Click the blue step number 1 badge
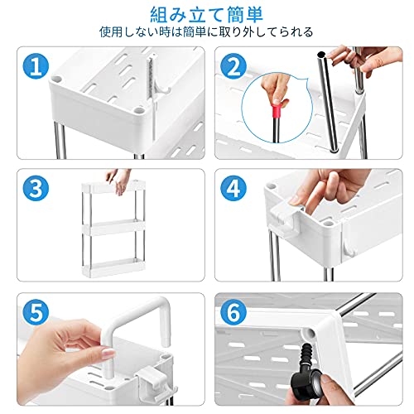[36, 66]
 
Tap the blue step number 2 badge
[233, 66]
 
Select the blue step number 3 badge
[36, 189]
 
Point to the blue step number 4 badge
[233, 189]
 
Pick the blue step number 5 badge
[36, 312]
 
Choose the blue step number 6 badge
[233, 312]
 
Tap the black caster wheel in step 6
[307, 382]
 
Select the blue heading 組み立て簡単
[206, 14]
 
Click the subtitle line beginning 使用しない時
[206, 32]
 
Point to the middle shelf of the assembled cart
[113, 228]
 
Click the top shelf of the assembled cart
[113, 187]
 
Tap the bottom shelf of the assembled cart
[113, 267]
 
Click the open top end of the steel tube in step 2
[321, 55]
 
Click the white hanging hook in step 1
[156, 83]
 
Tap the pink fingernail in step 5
[108, 354]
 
